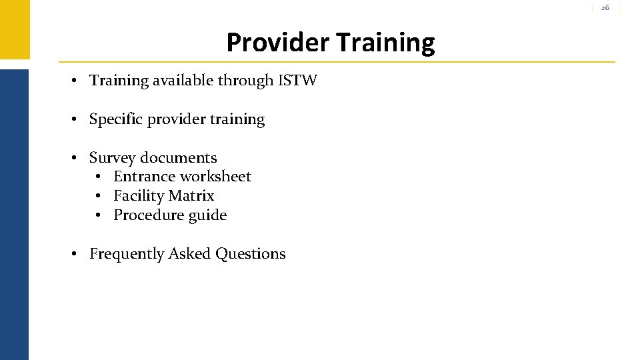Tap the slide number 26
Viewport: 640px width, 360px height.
[x=605, y=7]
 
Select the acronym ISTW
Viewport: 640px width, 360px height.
[x=297, y=81]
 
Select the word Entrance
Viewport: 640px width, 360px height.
[x=141, y=177]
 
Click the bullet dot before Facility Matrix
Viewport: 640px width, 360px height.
[x=97, y=196]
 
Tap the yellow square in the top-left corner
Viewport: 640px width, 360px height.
[x=14, y=29]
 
